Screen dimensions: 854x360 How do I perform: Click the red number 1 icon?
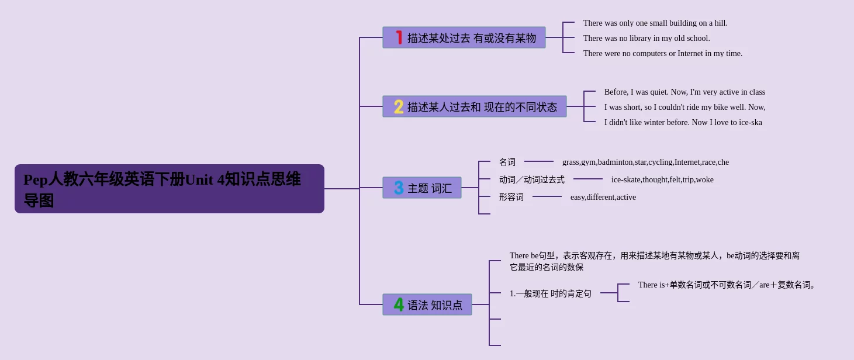coord(399,37)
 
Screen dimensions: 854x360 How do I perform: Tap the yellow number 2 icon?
coord(399,107)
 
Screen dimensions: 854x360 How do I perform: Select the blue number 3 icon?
coord(399,188)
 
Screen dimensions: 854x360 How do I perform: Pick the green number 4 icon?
coord(399,304)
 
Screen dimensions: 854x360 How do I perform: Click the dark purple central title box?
coord(170,189)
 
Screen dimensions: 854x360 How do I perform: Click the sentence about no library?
coord(646,38)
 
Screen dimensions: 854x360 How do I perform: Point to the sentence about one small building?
coord(655,23)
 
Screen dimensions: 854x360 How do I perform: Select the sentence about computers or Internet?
coord(663,53)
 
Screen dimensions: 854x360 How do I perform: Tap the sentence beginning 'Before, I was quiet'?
coord(684,92)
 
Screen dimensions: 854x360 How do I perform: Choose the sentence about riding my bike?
coord(684,107)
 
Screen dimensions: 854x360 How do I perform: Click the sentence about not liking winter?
coord(683,122)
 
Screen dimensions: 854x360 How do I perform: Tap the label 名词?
coord(507,162)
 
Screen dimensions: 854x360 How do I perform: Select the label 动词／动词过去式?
coord(531,179)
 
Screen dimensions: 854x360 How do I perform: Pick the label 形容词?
coord(511,197)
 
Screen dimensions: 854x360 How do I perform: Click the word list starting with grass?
coord(645,162)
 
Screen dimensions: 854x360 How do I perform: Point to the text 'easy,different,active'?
coord(603,197)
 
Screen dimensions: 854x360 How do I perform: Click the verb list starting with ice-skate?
coord(662,179)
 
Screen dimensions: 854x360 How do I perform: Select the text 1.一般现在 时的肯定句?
coord(550,293)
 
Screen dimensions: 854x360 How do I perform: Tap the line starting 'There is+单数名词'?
coord(727,285)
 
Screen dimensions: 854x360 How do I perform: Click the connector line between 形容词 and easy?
coord(547,196)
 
